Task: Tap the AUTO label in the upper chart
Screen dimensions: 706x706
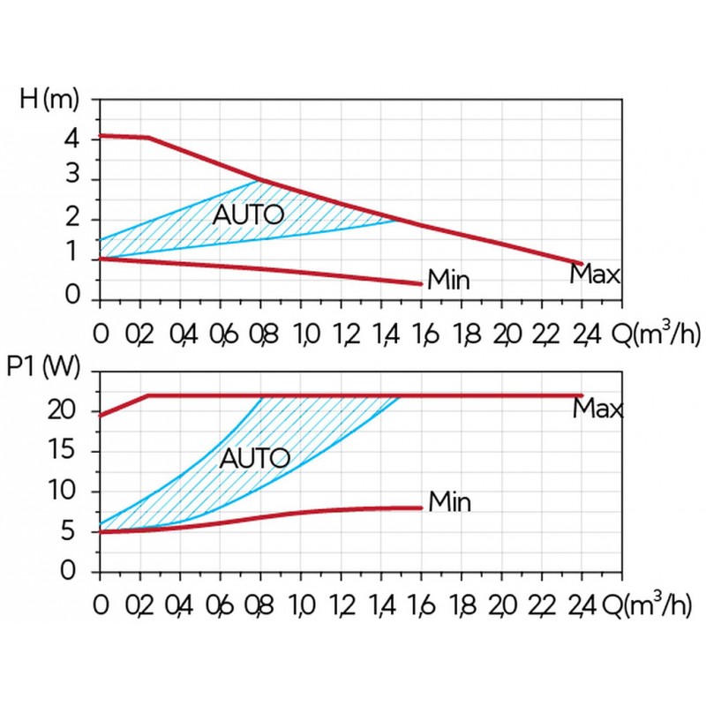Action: tap(248, 214)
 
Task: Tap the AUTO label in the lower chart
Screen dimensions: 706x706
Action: tap(254, 458)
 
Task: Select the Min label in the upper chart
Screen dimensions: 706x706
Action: tap(448, 282)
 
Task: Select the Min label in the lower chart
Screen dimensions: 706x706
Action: tap(449, 503)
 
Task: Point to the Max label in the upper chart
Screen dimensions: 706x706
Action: tap(595, 274)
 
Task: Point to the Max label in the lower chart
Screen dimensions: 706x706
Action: tap(597, 409)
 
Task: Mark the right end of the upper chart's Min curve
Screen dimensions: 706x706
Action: tap(422, 284)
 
